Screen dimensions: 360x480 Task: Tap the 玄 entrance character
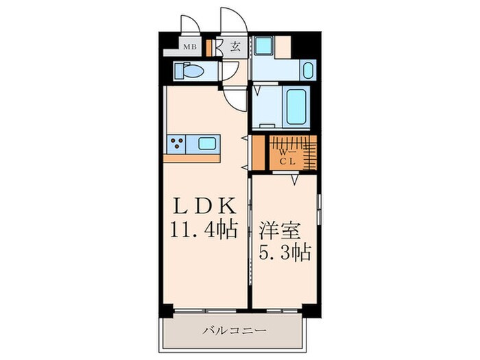point(235,47)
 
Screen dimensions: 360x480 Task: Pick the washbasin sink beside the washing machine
point(308,70)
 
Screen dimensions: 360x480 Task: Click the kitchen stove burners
point(177,144)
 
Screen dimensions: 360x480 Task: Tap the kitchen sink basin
point(206,144)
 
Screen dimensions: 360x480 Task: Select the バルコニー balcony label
point(235,331)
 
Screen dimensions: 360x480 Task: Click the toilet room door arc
point(232,71)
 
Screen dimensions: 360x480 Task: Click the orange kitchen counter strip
point(193,158)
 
